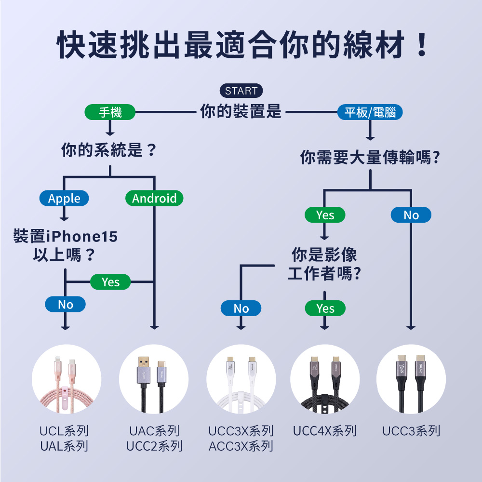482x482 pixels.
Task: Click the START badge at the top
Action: click(x=241, y=91)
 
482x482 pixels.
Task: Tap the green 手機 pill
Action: click(x=110, y=113)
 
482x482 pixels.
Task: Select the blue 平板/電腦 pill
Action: click(x=370, y=113)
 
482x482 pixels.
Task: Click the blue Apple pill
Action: click(x=64, y=198)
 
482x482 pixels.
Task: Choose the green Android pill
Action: click(x=154, y=198)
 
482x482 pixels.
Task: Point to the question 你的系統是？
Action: click(x=109, y=151)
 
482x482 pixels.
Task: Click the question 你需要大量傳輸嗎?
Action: click(x=370, y=157)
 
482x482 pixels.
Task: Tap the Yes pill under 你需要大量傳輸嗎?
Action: click(x=325, y=215)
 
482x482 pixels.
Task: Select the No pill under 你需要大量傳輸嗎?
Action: click(x=411, y=215)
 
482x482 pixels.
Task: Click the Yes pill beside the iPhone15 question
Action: click(x=110, y=282)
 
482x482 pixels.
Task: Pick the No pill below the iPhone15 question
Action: click(x=65, y=304)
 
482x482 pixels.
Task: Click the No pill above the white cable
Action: click(x=241, y=308)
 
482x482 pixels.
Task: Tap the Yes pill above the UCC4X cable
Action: click(x=325, y=308)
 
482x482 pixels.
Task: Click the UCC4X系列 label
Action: click(x=324, y=431)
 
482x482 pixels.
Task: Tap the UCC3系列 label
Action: click(x=411, y=431)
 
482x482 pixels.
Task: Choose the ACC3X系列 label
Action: click(x=241, y=446)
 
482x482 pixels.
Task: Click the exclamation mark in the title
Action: click(x=421, y=44)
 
